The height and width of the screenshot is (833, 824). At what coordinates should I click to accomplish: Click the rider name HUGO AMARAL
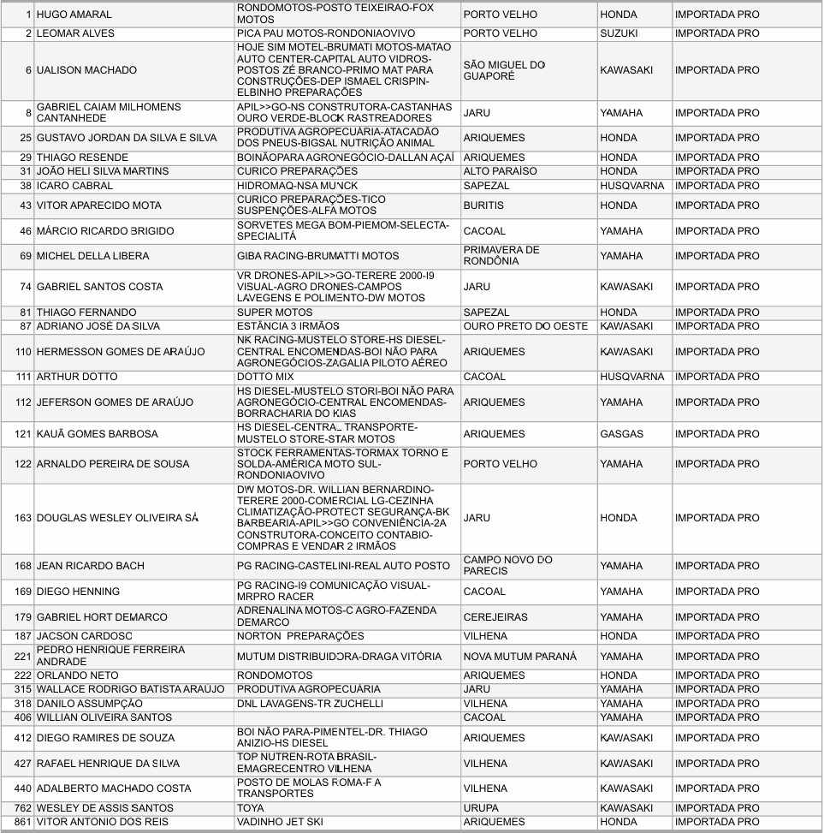pos(74,15)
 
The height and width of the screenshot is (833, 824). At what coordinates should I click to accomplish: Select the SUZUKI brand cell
pos(621,33)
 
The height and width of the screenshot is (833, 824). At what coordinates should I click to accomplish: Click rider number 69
pos(25,256)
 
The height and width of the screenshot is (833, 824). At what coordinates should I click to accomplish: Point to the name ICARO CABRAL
pos(74,186)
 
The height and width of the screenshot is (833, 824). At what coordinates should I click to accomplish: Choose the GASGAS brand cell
pos(621,434)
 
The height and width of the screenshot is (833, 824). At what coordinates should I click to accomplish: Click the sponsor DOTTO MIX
pos(265,377)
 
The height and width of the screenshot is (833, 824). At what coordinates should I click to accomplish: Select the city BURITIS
pos(483,205)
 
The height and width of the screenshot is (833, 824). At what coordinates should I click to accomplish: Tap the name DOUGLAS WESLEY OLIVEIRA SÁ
pos(117,518)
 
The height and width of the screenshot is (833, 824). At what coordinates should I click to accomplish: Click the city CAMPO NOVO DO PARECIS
pos(507,566)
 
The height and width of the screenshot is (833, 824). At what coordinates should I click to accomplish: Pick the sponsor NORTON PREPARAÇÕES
pos(300,636)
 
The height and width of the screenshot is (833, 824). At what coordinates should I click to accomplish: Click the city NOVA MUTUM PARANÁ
pos(519,657)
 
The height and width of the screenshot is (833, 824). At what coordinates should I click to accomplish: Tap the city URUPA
pos(482,808)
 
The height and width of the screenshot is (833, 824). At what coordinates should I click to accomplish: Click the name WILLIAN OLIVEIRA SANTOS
pos(104,717)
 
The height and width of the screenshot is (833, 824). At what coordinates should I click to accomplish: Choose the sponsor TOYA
pos(252,808)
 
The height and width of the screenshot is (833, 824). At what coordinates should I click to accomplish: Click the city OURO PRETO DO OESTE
pos(525,326)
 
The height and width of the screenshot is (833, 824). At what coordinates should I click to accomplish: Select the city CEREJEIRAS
pos(495,617)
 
